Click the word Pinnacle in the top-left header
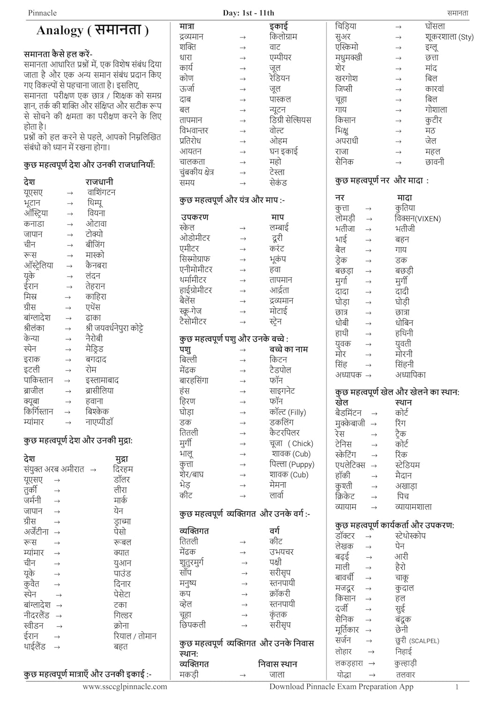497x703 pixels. coord(42,13)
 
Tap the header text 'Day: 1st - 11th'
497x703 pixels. coord(248,13)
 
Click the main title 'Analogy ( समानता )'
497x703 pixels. coord(93,30)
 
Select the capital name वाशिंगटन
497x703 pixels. coord(101,193)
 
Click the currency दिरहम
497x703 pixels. coord(123,469)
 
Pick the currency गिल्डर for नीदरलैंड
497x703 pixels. coord(123,615)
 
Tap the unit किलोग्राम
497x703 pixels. coord(283,37)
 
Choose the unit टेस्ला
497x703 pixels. coord(277,172)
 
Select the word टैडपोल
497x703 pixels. coord(280,370)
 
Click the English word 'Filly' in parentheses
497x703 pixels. coord(297,412)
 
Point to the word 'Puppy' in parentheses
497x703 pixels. coord(302,464)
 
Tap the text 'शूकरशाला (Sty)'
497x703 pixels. coord(449,37)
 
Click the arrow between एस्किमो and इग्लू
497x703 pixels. coord(398,47)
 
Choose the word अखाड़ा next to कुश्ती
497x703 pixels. coord(406,486)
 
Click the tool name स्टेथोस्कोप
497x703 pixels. coord(410,536)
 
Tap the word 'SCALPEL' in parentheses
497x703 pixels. coord(424,641)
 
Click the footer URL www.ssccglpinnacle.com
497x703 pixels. coord(125,687)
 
